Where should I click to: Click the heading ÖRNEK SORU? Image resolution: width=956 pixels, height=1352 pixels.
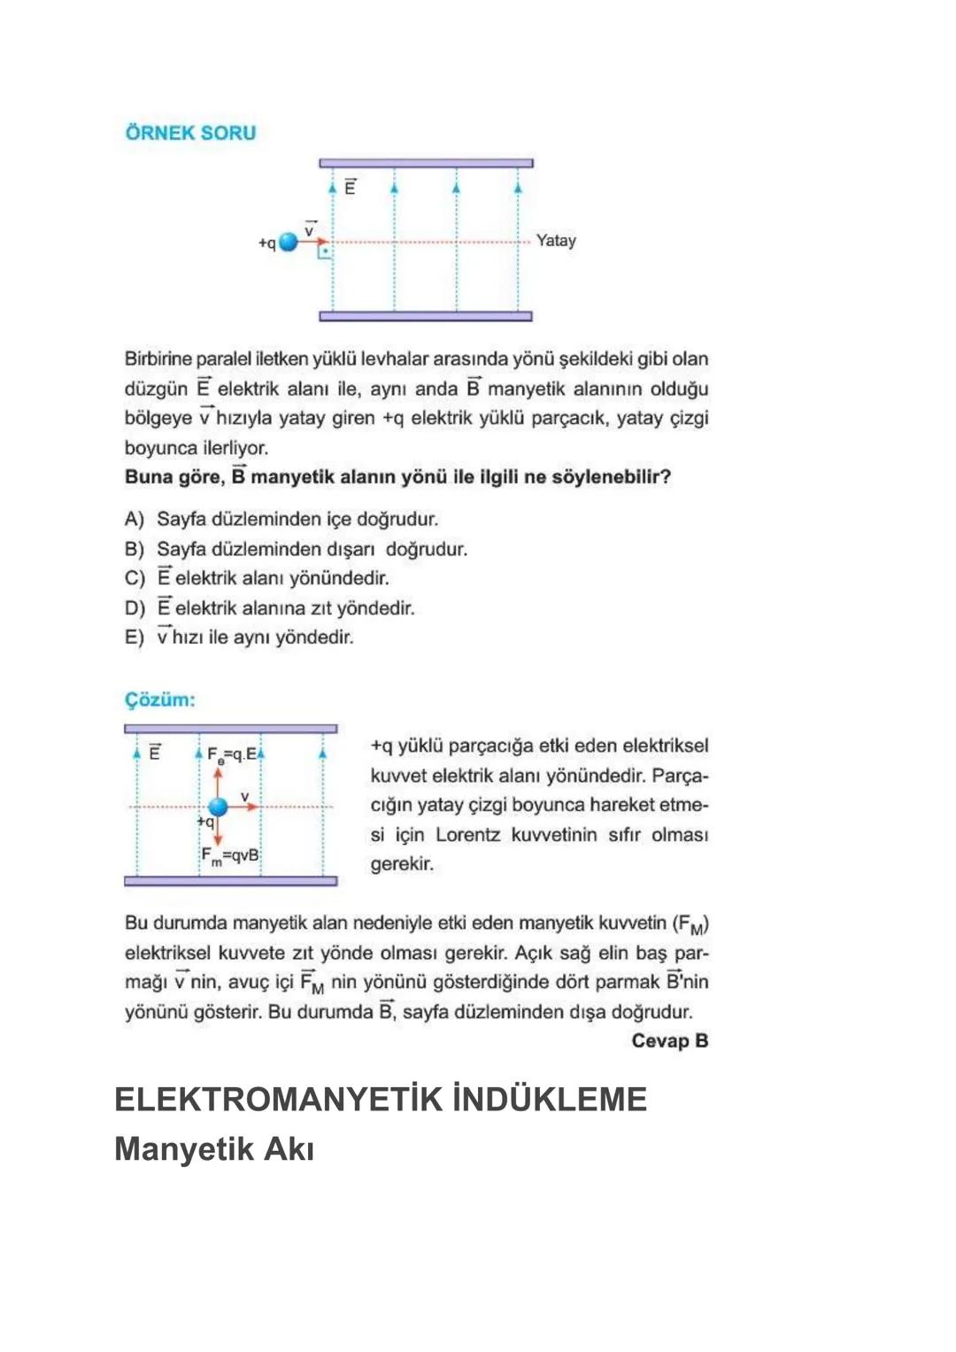point(190,133)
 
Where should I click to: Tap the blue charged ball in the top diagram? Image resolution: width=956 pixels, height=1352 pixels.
point(289,242)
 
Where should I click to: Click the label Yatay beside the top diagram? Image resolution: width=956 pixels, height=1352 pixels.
point(556,241)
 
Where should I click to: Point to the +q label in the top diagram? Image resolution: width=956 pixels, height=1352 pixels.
point(266,243)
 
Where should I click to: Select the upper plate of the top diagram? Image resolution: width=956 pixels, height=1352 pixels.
point(426,163)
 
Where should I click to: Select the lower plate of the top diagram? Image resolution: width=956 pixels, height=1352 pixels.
point(426,316)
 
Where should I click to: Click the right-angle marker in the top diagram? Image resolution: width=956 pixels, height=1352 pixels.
point(325,252)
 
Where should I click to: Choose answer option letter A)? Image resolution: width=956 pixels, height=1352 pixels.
point(134,519)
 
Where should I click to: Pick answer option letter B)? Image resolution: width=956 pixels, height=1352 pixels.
point(134,549)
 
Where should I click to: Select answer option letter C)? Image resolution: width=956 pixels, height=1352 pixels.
point(134,578)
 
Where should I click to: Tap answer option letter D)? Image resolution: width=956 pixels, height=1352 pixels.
point(134,608)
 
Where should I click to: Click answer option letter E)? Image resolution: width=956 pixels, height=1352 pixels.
point(134,637)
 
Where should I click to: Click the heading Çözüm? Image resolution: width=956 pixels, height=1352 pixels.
point(159,699)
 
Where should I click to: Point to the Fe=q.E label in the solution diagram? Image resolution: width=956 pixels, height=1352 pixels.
point(231,754)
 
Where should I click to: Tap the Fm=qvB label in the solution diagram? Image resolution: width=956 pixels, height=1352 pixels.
point(229,856)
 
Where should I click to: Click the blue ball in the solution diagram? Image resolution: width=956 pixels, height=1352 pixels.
point(218,807)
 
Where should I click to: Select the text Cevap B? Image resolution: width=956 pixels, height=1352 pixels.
point(669,1040)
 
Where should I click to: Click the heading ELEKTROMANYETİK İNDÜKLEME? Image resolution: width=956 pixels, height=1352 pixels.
point(381,1100)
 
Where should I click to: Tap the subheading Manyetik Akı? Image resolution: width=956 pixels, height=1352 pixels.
point(214,1149)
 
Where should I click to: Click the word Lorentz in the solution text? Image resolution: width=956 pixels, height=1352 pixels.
point(467,835)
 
